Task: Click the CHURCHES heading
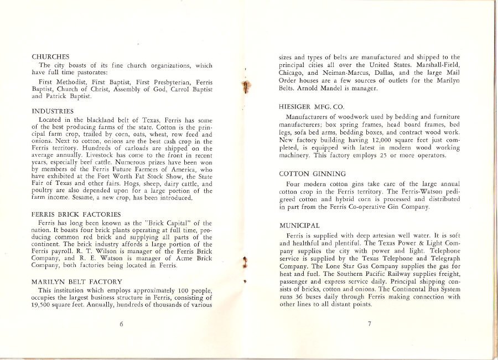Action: [50, 56]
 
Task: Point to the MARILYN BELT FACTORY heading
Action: [77, 282]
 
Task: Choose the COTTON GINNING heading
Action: [312, 174]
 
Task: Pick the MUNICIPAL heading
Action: [299, 226]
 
